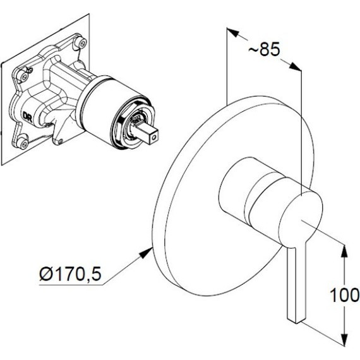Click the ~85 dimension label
pos(264,49)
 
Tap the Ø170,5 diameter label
pos(70,274)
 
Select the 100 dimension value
pos(344,295)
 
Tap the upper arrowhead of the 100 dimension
pos(344,252)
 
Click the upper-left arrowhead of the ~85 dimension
pos(233,32)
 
